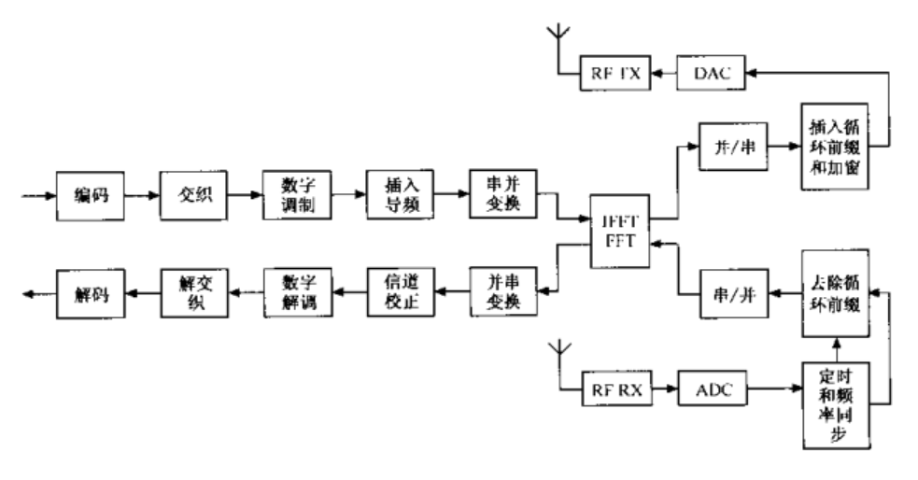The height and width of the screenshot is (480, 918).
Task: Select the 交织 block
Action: [191, 196]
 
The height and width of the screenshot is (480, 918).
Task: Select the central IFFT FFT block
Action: [619, 232]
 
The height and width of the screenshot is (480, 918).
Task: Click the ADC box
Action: [713, 388]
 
